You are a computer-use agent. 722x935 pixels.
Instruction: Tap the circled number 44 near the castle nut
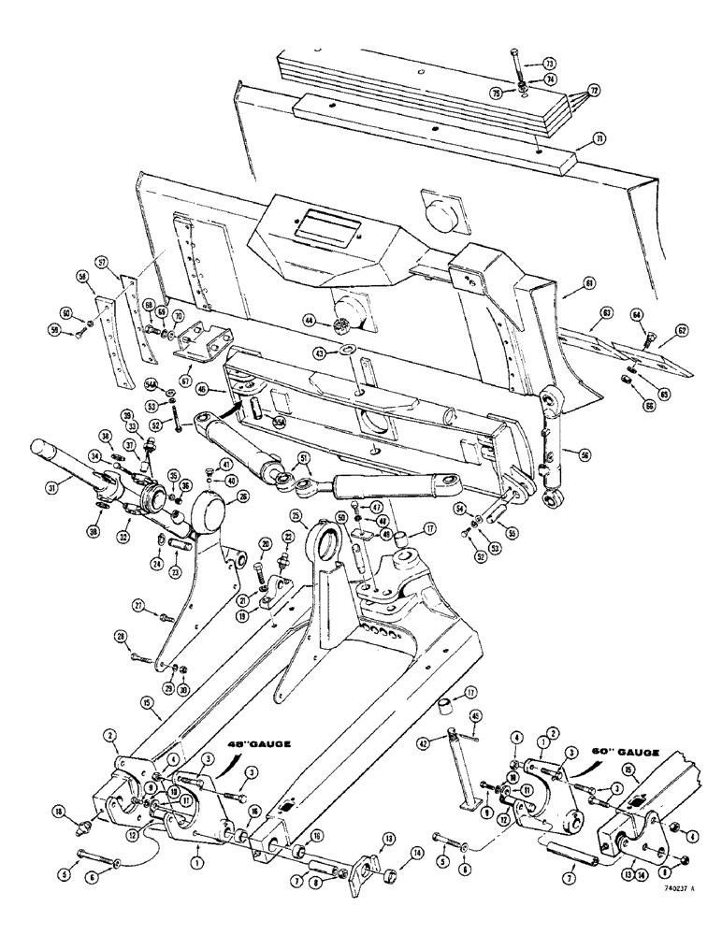309,320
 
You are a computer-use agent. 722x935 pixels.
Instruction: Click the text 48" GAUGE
254,743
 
